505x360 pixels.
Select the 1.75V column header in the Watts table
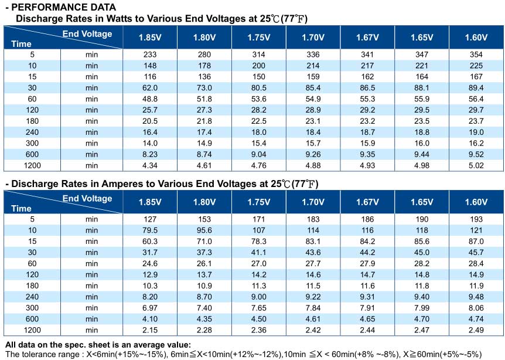pyautogui.click(x=258, y=38)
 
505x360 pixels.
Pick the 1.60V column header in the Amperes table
pyautogui.click(x=476, y=202)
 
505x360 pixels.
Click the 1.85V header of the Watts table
pyautogui.click(x=150, y=38)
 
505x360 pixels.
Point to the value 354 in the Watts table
pyautogui.click(x=476, y=55)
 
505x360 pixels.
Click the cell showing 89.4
pyautogui.click(x=476, y=88)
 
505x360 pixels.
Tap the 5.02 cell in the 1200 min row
pyautogui.click(x=476, y=166)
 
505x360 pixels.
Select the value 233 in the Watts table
pyautogui.click(x=150, y=55)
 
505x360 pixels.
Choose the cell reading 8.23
pyautogui.click(x=150, y=154)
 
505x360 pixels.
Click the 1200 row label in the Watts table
pyautogui.click(x=32, y=166)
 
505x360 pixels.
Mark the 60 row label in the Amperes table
pyautogui.click(x=32, y=264)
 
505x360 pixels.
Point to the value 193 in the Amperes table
pyautogui.click(x=476, y=219)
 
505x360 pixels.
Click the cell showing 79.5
pyautogui.click(x=150, y=230)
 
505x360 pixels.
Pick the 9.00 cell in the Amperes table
pyautogui.click(x=258, y=297)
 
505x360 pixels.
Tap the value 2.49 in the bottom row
pyautogui.click(x=476, y=330)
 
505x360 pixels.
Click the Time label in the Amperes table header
pyautogui.click(x=21, y=209)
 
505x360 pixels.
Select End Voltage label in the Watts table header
pyautogui.click(x=87, y=34)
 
